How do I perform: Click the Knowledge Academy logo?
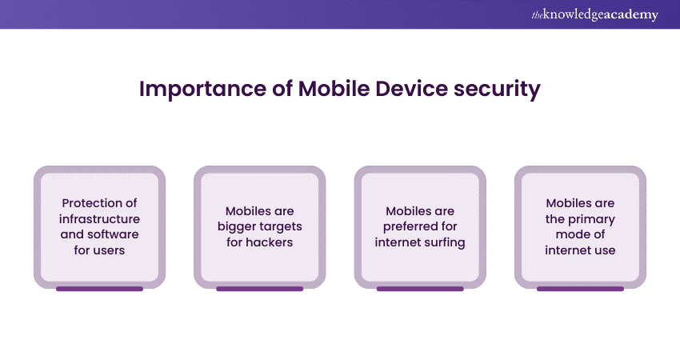click(x=594, y=14)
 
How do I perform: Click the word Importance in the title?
click(x=202, y=90)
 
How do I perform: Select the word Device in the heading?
click(x=411, y=89)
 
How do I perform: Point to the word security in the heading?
click(x=497, y=90)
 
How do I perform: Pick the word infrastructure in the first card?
click(x=99, y=218)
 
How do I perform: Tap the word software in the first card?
click(x=114, y=234)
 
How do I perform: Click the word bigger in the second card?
click(x=235, y=227)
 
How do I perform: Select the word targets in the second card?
click(x=279, y=227)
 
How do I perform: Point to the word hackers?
click(x=270, y=242)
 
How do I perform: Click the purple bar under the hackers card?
click(x=260, y=289)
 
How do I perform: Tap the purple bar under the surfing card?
click(x=420, y=289)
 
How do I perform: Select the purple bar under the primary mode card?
click(x=580, y=289)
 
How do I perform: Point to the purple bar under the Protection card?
click(x=99, y=289)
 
